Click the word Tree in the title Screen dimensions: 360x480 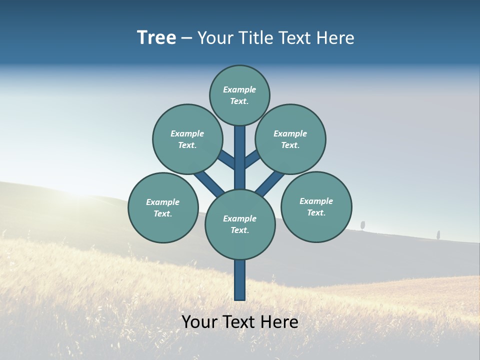(156, 37)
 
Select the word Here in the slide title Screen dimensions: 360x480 (336, 38)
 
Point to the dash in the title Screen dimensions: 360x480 (186, 38)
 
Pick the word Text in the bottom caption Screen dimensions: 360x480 (239, 321)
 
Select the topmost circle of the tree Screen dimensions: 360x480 (239, 95)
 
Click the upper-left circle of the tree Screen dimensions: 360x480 (187, 139)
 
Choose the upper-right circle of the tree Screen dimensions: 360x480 (290, 139)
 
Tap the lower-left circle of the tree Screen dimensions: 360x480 (163, 207)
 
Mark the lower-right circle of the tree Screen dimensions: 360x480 (316, 206)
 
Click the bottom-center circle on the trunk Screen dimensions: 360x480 (240, 224)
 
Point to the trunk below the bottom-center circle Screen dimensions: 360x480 (240, 280)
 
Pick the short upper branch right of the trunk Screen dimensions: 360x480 (251, 159)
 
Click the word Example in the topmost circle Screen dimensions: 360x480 (239, 89)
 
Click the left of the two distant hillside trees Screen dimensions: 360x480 (363, 225)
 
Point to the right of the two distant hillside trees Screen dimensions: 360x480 (438, 234)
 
